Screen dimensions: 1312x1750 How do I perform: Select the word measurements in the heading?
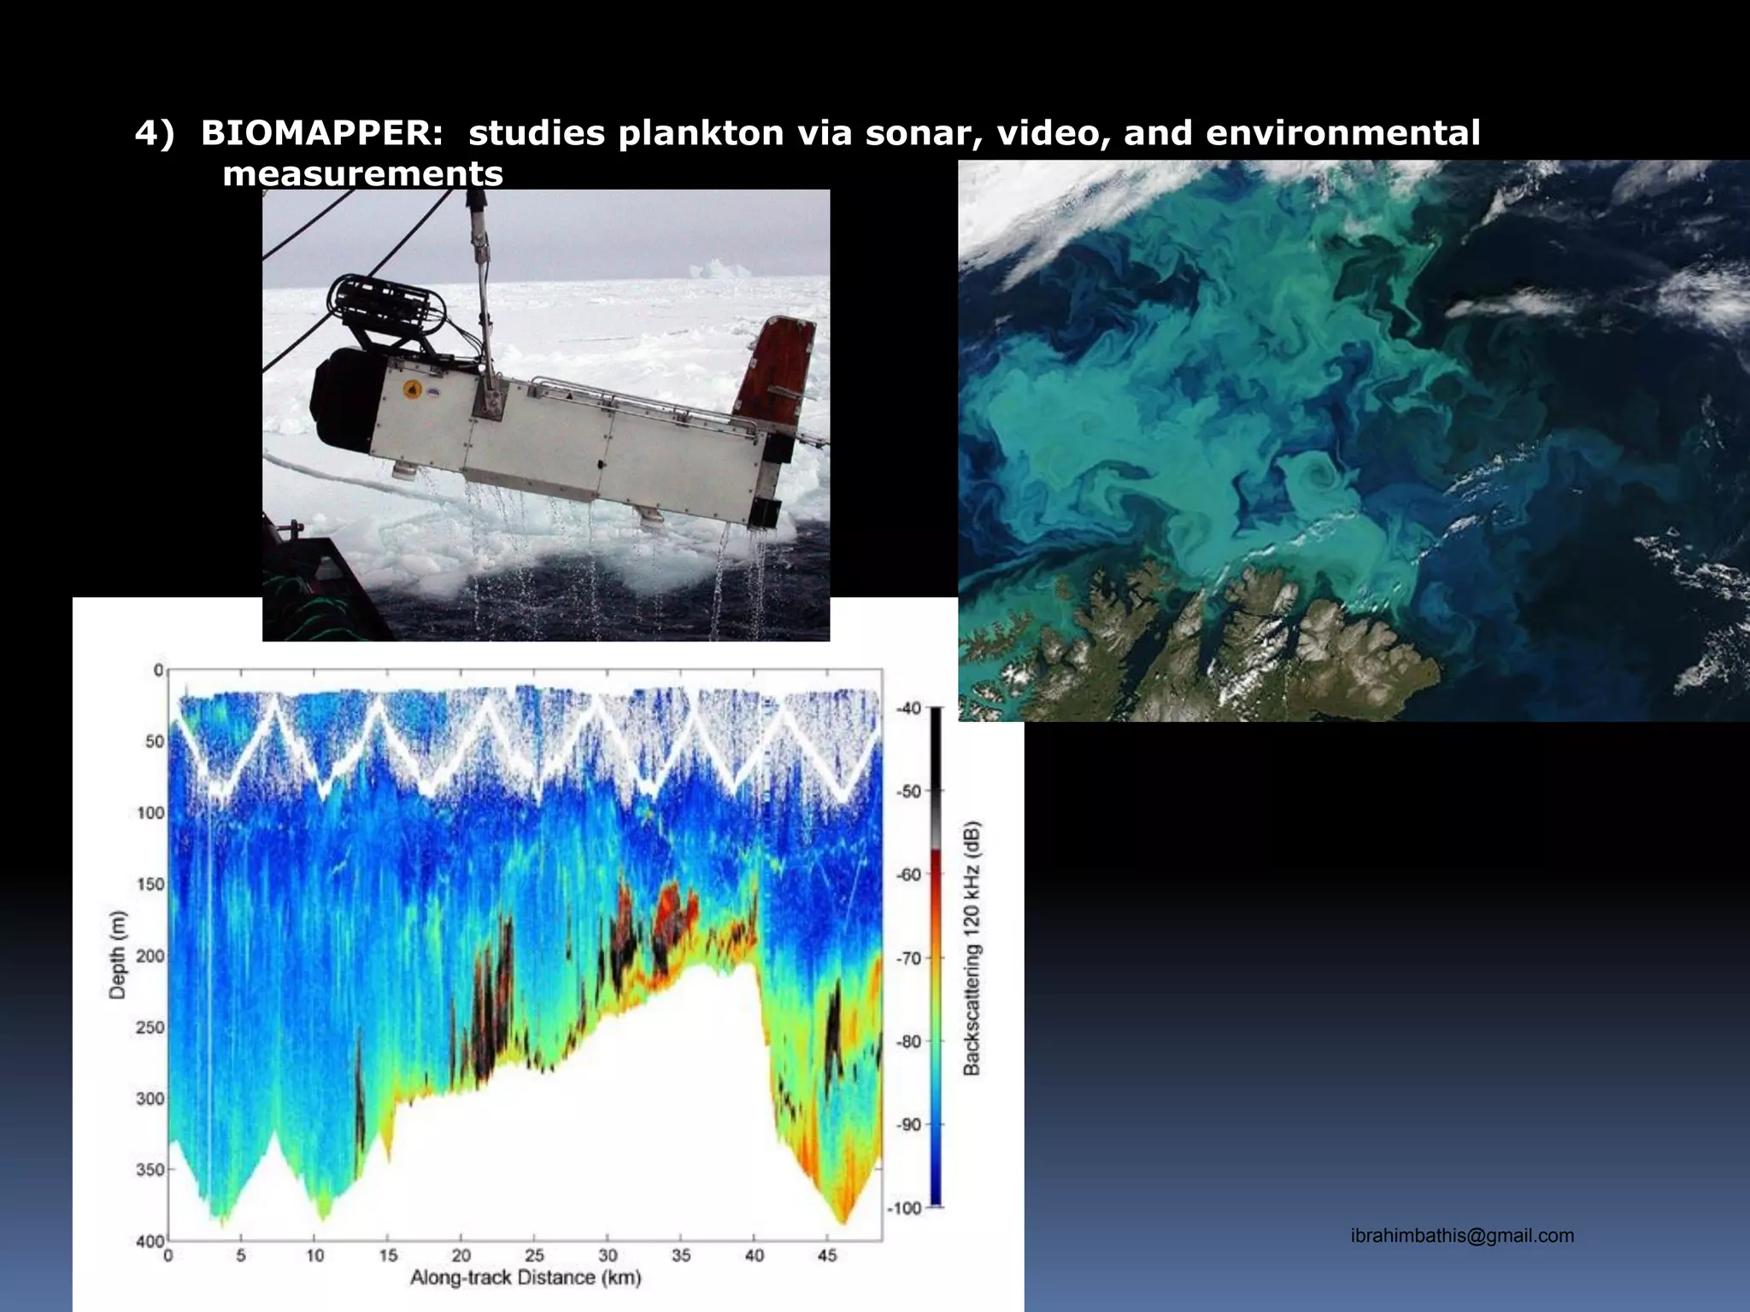(x=362, y=173)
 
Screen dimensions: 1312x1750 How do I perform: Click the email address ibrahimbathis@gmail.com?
(x=1462, y=1235)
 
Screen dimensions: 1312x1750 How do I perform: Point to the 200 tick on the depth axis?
(x=150, y=956)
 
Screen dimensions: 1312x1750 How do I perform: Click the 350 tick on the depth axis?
(x=150, y=1169)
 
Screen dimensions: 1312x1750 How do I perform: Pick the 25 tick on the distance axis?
(x=534, y=1255)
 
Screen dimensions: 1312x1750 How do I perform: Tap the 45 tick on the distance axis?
(x=827, y=1255)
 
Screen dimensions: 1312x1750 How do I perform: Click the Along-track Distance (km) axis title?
(x=526, y=1278)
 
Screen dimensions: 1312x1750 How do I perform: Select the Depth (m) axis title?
(x=117, y=955)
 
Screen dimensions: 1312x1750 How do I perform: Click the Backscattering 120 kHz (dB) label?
(x=972, y=948)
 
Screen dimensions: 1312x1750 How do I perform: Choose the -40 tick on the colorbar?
(x=908, y=708)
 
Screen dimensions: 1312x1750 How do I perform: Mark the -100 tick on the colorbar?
(x=905, y=1208)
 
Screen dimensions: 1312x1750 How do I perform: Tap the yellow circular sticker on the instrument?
(x=413, y=389)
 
